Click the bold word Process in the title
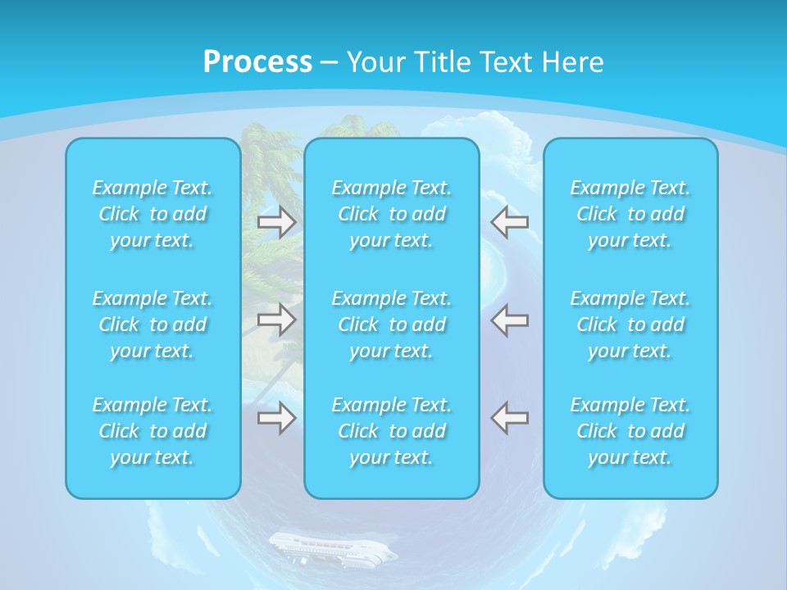(257, 61)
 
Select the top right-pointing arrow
(277, 222)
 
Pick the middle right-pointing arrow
(277, 320)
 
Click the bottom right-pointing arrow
(277, 417)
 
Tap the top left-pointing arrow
(510, 221)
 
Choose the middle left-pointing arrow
(510, 320)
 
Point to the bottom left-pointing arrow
(510, 417)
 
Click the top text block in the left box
(152, 214)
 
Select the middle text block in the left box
(152, 324)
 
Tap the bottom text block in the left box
(152, 431)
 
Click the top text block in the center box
(392, 214)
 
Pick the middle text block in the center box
(392, 324)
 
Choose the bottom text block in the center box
(392, 431)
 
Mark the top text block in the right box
(630, 214)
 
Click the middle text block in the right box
(630, 324)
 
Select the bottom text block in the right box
(630, 431)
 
